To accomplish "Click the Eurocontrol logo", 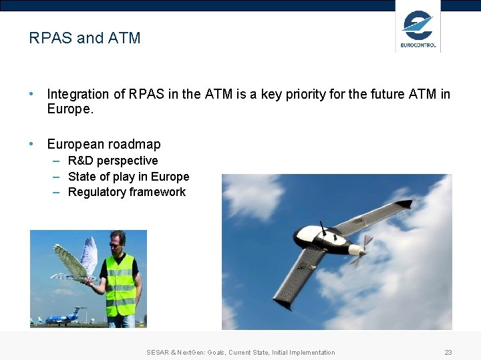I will tap(418, 29).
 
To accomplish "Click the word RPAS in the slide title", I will tap(51, 38).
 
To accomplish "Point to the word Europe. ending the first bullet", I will tap(70, 109).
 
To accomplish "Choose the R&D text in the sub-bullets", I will tap(81, 161).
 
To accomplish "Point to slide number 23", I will tap(448, 352).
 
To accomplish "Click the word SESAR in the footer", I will tap(158, 352).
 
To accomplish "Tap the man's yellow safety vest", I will tap(120, 287).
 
